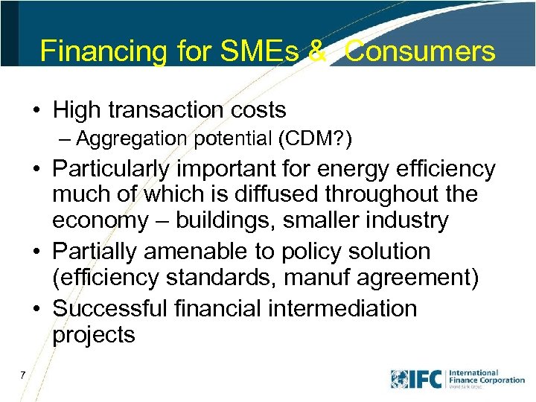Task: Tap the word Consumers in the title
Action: click(x=421, y=51)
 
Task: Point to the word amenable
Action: click(x=191, y=251)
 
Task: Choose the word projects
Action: click(x=93, y=335)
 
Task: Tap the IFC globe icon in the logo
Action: click(x=400, y=378)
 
